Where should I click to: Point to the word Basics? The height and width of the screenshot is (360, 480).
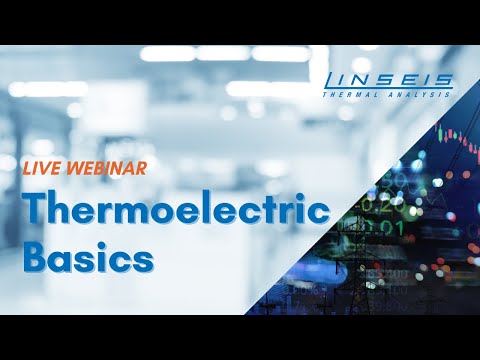click(89, 256)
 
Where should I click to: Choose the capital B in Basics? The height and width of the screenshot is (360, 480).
click(37, 256)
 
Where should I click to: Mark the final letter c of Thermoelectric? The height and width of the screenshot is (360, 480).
click(319, 212)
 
